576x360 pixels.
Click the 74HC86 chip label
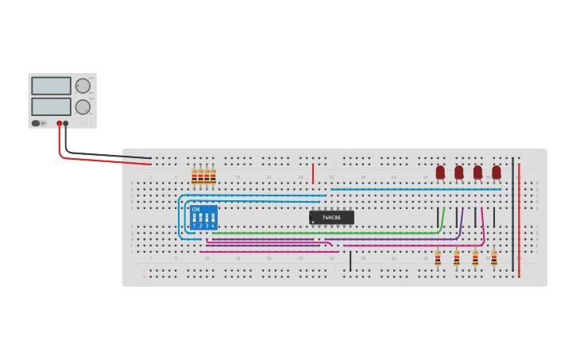tap(331, 218)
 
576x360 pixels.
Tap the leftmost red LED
tap(440, 172)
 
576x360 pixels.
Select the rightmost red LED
tap(497, 172)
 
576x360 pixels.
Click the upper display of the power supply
tap(51, 86)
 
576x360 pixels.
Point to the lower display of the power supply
tap(51, 106)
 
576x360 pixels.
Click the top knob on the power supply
tap(83, 86)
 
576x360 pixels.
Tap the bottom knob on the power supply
tap(83, 106)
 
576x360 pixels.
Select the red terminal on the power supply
tap(59, 123)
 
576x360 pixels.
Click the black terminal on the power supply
tap(66, 123)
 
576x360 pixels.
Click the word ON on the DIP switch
tap(195, 209)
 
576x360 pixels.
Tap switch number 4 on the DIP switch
tap(213, 218)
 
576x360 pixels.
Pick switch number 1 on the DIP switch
tap(194, 218)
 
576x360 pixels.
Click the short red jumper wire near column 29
tap(313, 173)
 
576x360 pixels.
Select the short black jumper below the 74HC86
tap(350, 261)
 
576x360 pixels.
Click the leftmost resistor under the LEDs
tap(438, 258)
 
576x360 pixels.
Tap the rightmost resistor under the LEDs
tap(494, 258)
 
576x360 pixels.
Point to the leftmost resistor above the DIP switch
tap(194, 177)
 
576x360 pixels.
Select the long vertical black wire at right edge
tap(512, 207)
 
